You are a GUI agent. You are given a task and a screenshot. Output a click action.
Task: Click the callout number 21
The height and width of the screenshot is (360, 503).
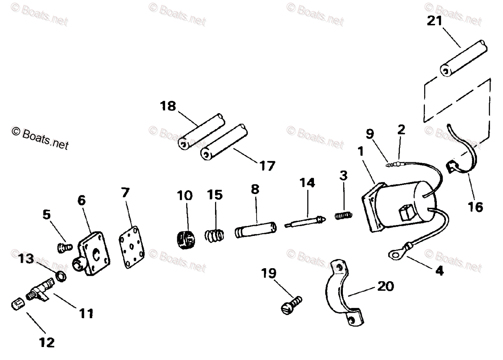pyautogui.click(x=434, y=21)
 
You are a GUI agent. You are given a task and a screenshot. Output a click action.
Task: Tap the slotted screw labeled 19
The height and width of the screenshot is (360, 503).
pyautogui.click(x=290, y=305)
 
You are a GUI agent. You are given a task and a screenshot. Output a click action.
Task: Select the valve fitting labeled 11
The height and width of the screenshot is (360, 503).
pyautogui.click(x=38, y=291)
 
